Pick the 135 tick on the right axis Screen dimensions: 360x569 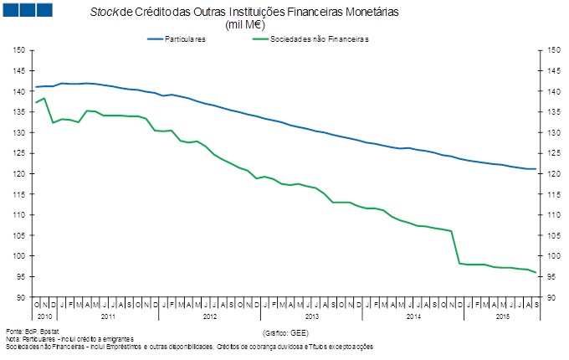click(553, 112)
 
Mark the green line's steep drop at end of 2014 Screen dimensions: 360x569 click(456, 247)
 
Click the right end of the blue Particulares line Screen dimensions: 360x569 click(536, 169)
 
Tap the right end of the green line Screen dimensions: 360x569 click(536, 273)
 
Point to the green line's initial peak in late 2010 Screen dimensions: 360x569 click(44, 99)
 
